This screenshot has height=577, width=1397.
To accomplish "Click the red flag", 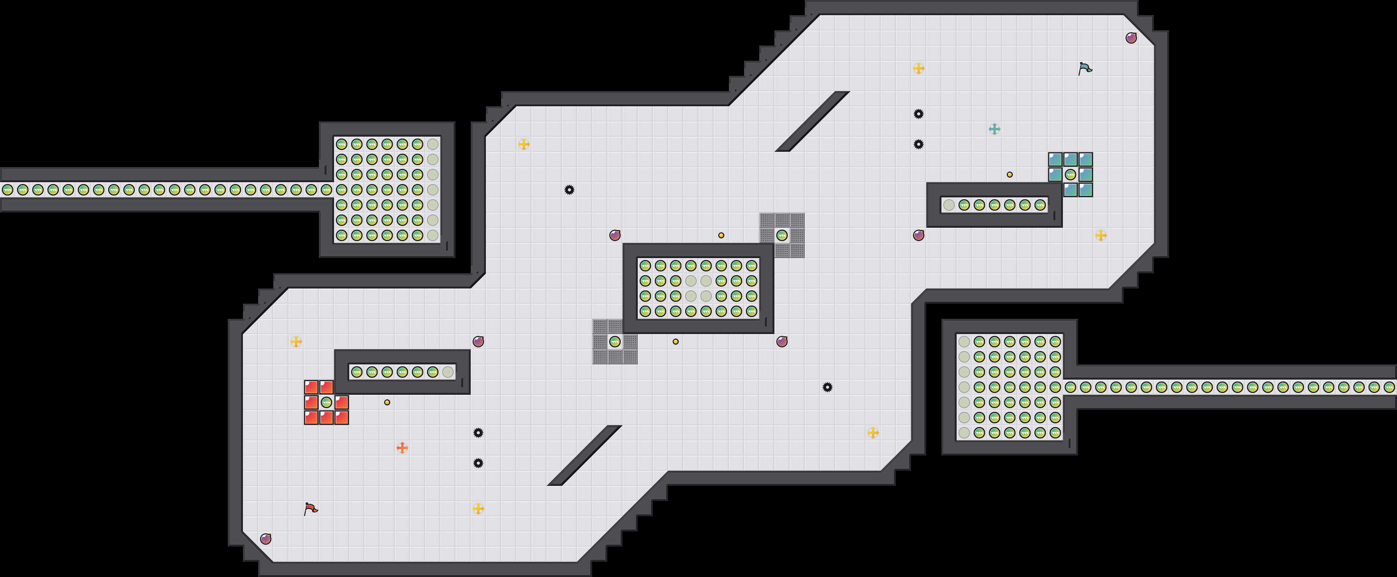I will (x=310, y=509).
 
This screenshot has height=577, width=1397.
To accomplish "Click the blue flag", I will (x=1085, y=68).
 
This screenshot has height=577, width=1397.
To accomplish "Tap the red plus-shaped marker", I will (x=402, y=448).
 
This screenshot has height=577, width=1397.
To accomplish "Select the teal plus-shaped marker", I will (x=994, y=129).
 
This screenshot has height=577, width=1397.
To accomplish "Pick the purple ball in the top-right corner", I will (x=1131, y=38).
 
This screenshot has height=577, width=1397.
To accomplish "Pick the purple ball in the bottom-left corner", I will (x=266, y=539).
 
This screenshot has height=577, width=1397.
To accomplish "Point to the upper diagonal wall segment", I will (x=812, y=121).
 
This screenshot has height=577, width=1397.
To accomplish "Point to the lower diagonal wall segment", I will (x=584, y=456).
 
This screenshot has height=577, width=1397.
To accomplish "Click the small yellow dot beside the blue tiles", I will (x=1009, y=175).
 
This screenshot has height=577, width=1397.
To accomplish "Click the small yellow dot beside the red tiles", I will (x=387, y=402).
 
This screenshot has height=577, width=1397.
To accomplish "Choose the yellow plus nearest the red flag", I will (x=478, y=509).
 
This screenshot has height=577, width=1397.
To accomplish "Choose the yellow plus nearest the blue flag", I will (x=918, y=68).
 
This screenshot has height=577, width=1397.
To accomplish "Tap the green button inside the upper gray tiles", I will (x=782, y=235).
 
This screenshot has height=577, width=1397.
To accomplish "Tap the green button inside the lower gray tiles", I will (x=615, y=342).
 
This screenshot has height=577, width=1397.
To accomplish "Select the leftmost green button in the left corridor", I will (x=8, y=190).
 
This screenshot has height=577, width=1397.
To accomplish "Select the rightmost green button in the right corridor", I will (x=1389, y=387).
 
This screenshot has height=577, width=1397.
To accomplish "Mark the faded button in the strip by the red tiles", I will (x=448, y=372).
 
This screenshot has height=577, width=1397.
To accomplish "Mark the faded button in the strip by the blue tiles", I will (x=949, y=205).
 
